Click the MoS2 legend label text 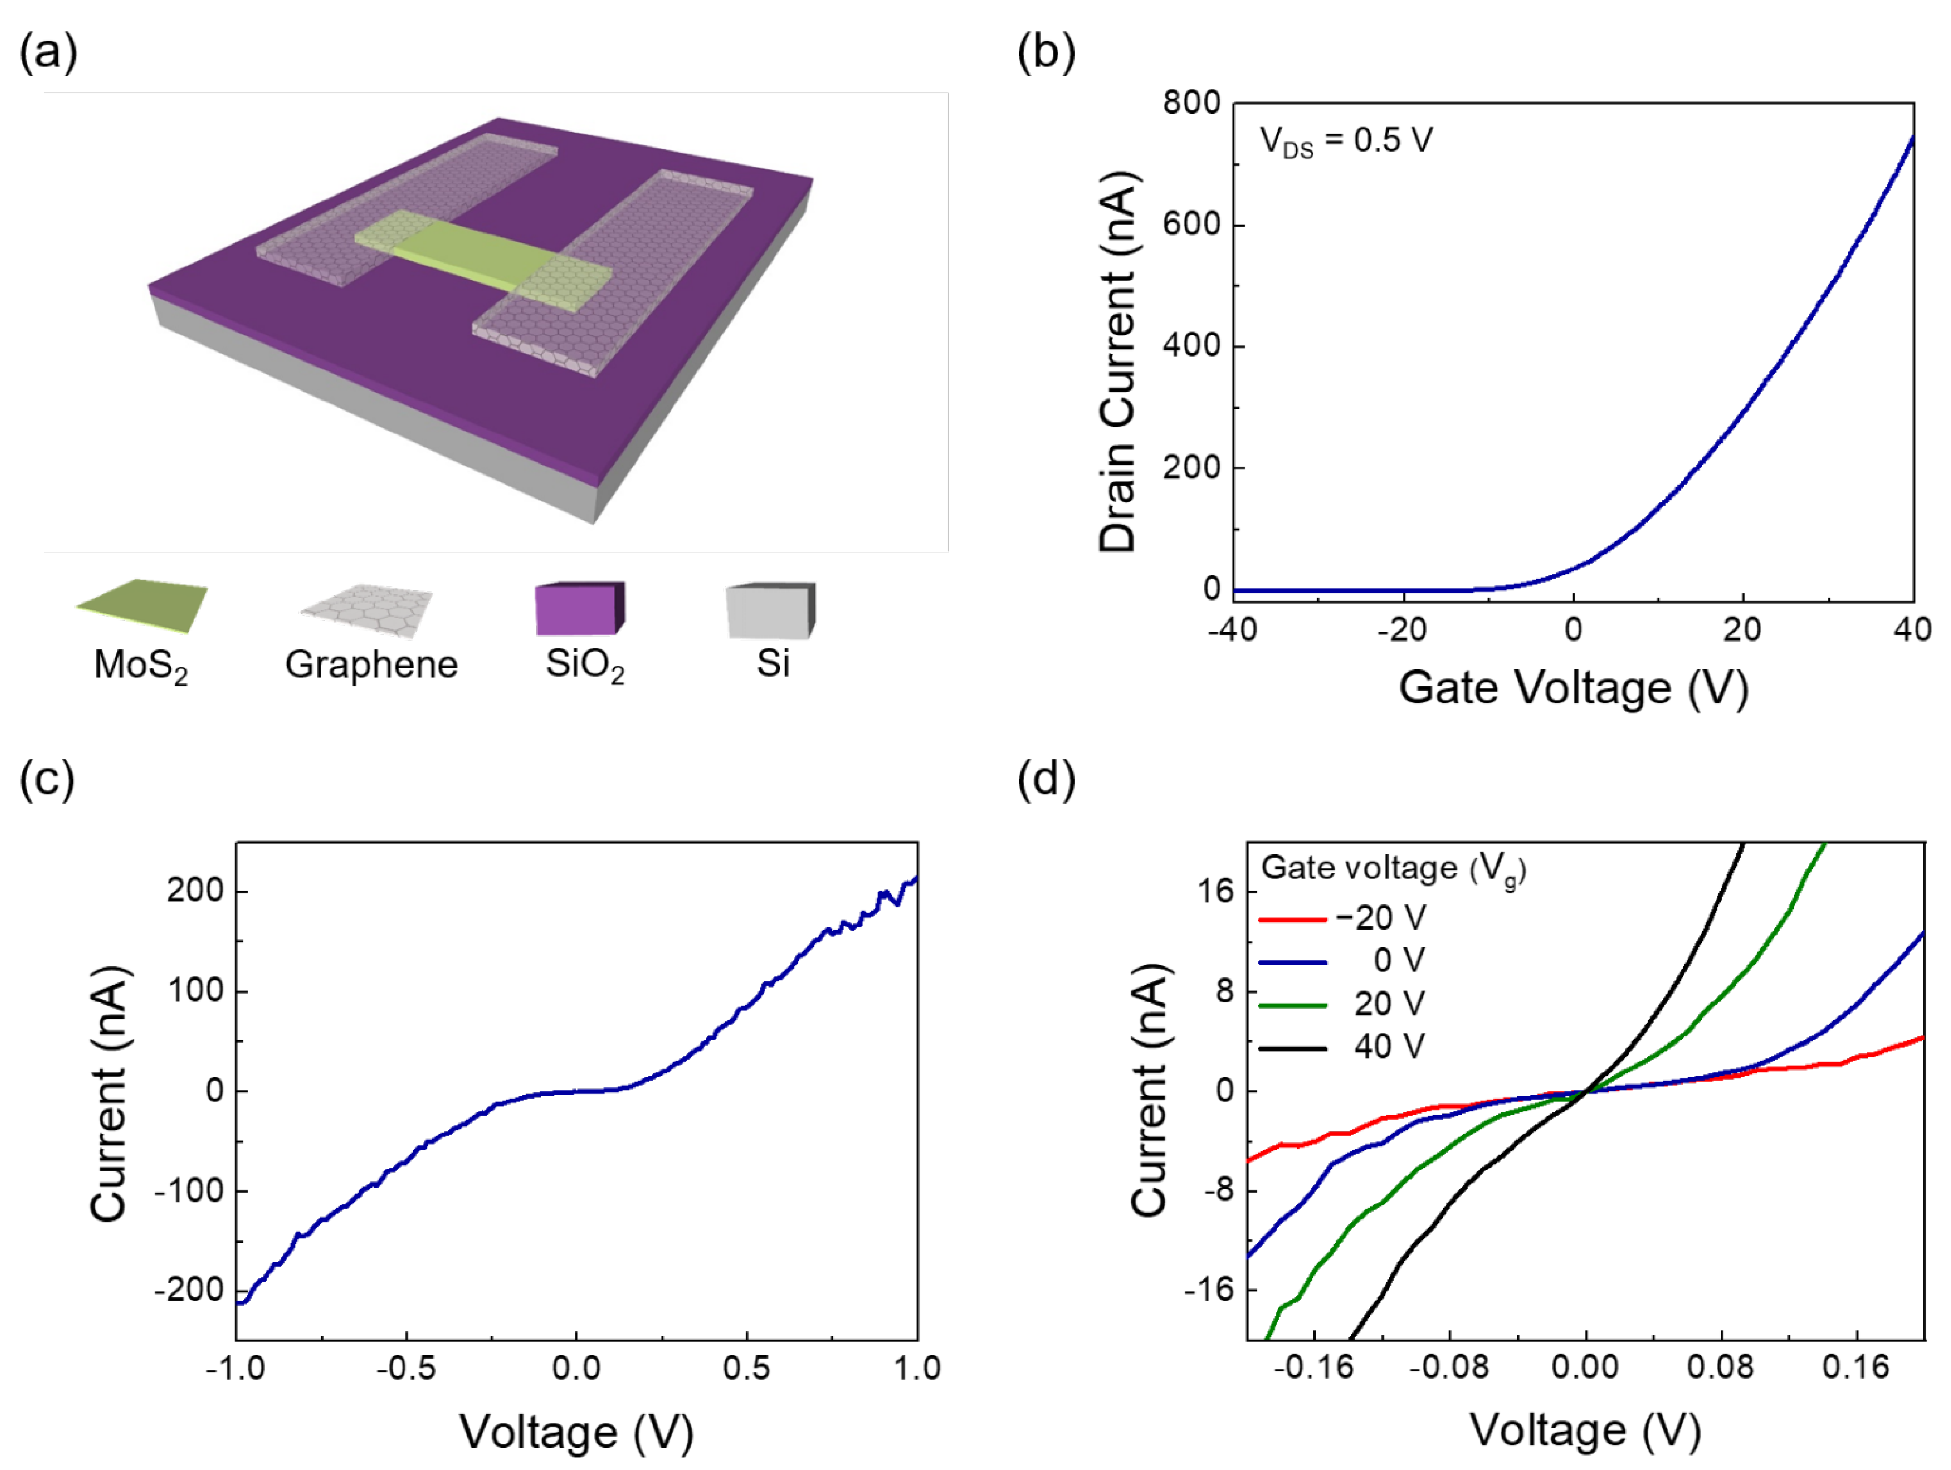[x=140, y=666]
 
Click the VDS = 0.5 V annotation [x=1345, y=141]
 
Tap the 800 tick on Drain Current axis [x=1191, y=103]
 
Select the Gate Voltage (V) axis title [x=1573, y=688]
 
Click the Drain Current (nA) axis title [x=1118, y=362]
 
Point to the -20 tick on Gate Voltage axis [x=1402, y=630]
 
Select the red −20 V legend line [x=1292, y=920]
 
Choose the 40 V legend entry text [x=1389, y=1047]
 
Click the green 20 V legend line [x=1292, y=1005]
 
